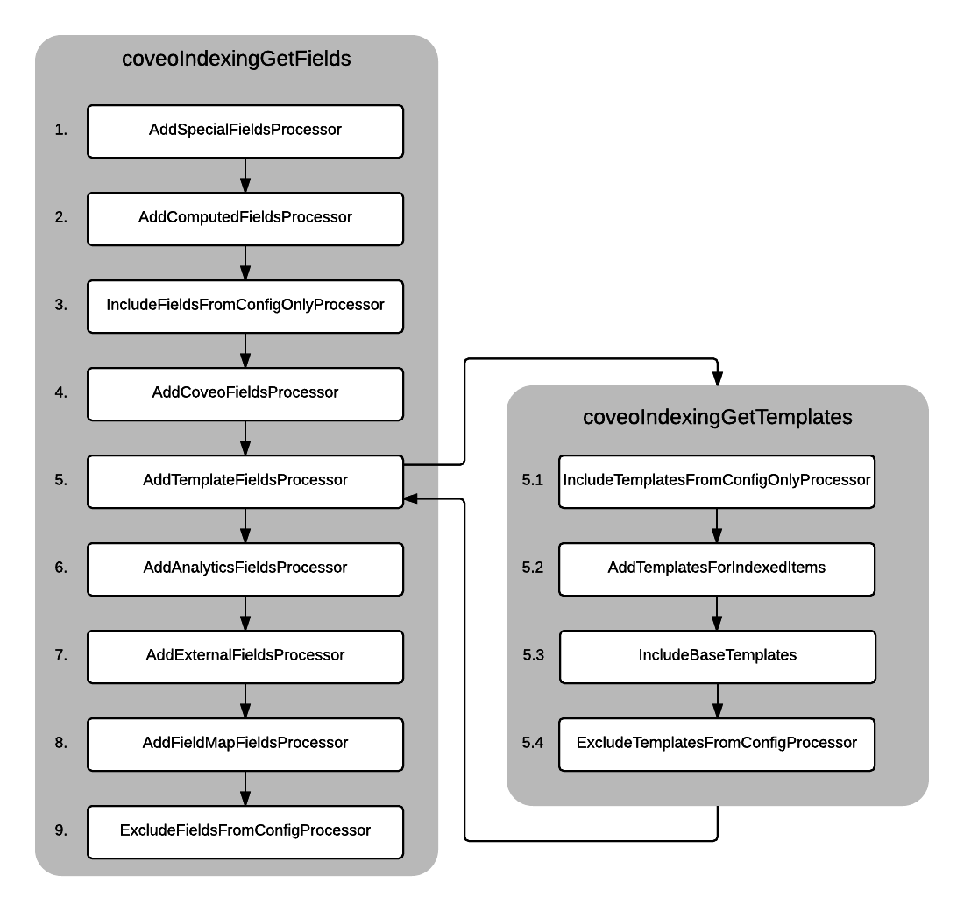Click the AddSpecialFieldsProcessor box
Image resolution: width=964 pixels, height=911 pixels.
coord(245,131)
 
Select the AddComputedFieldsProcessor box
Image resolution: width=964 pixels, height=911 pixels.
coord(245,218)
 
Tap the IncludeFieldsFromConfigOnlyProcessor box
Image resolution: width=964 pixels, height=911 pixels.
coord(245,306)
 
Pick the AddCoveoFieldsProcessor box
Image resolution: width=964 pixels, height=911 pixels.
coord(245,393)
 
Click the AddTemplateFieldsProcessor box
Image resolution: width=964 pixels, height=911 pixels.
coord(245,481)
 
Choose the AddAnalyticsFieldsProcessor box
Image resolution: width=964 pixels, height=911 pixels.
coord(245,568)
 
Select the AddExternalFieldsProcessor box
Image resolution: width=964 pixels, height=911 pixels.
coord(245,656)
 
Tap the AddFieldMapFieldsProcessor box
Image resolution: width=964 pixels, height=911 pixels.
coord(245,744)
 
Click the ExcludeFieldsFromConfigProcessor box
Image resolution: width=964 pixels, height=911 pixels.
coord(245,831)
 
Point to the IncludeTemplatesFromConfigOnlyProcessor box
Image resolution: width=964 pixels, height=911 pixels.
coord(717,481)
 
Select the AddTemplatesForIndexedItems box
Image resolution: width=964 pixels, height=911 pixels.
coord(717,568)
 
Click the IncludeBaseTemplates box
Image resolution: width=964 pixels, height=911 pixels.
coord(717,656)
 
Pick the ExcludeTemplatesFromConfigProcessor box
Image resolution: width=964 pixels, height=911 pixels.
coord(717,744)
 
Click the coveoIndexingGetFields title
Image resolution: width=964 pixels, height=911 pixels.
coord(236,60)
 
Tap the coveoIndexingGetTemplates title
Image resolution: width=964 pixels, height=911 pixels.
coord(717,418)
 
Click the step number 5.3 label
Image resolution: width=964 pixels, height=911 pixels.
coord(533,655)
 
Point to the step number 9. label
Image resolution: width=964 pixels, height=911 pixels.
coord(60,830)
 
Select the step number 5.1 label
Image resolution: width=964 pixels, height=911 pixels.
coord(533,480)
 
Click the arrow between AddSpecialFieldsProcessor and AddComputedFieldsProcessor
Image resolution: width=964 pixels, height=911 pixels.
coord(245,175)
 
